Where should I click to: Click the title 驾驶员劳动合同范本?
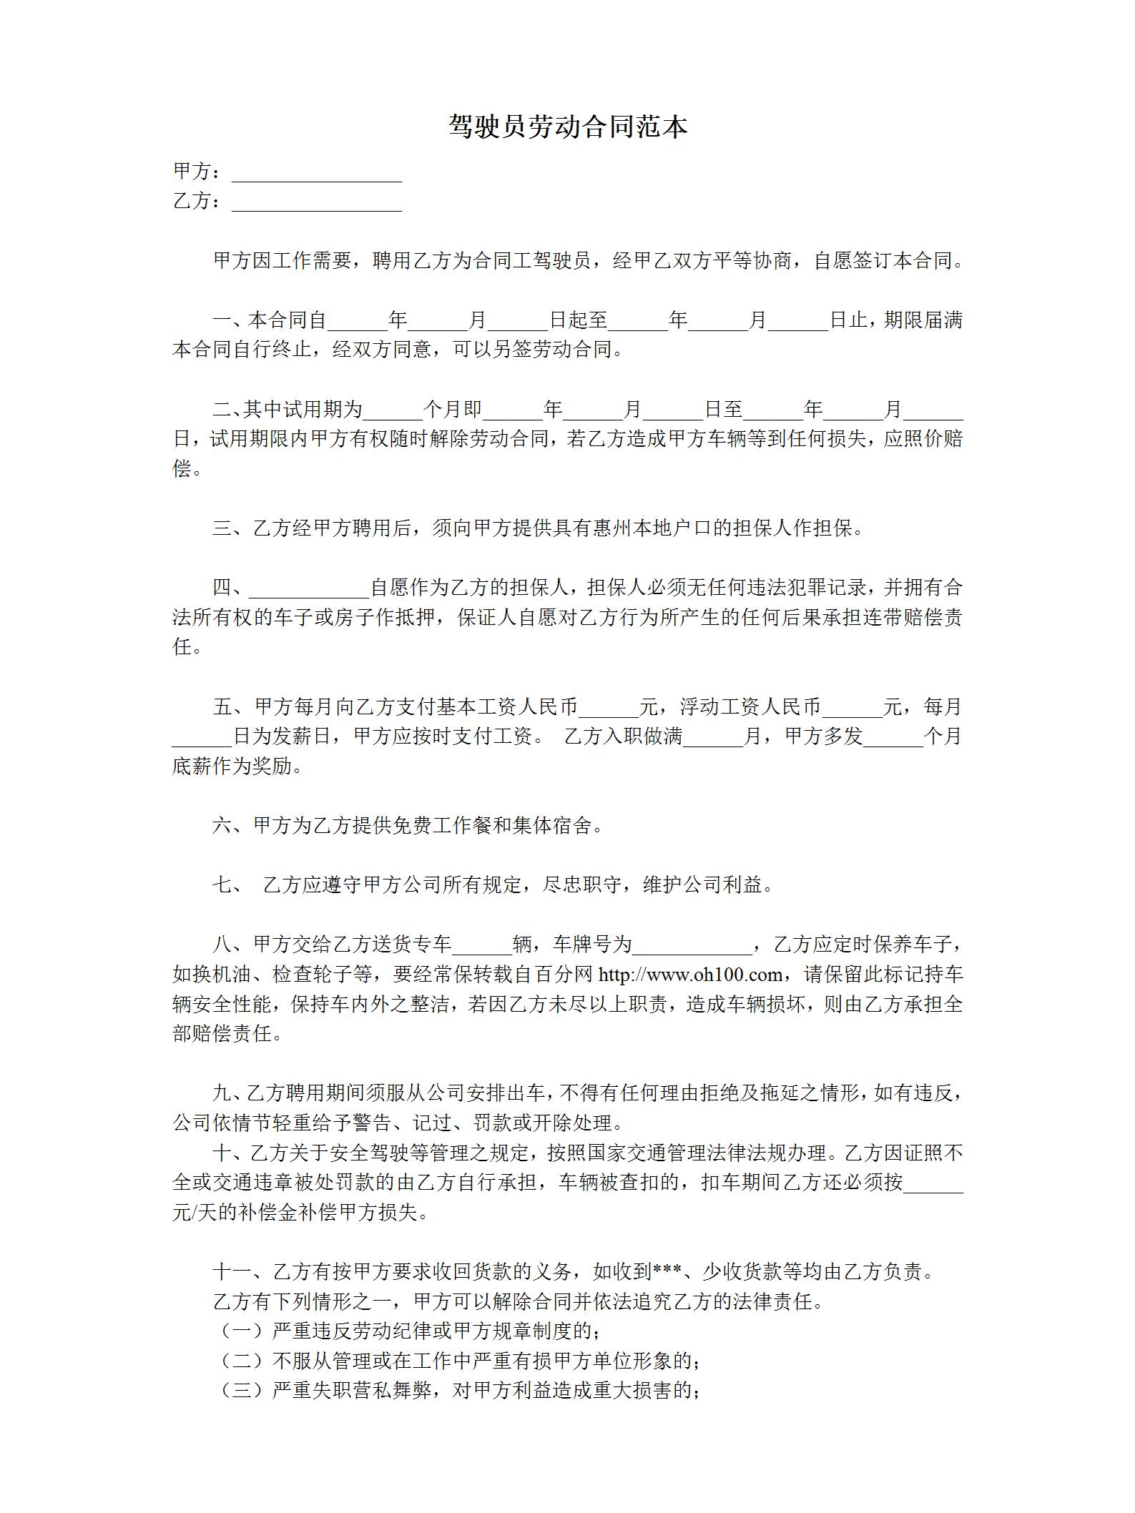pos(568,127)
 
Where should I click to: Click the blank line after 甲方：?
pos(316,174)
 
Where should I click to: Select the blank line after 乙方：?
pos(316,203)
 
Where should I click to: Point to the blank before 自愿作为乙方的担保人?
pos(308,588)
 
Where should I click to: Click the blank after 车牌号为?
pos(691,945)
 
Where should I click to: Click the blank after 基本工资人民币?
pos(609,708)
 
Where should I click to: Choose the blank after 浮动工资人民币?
pos(853,708)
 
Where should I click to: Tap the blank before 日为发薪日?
pos(202,737)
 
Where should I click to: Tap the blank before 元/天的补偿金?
pos(933,1183)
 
